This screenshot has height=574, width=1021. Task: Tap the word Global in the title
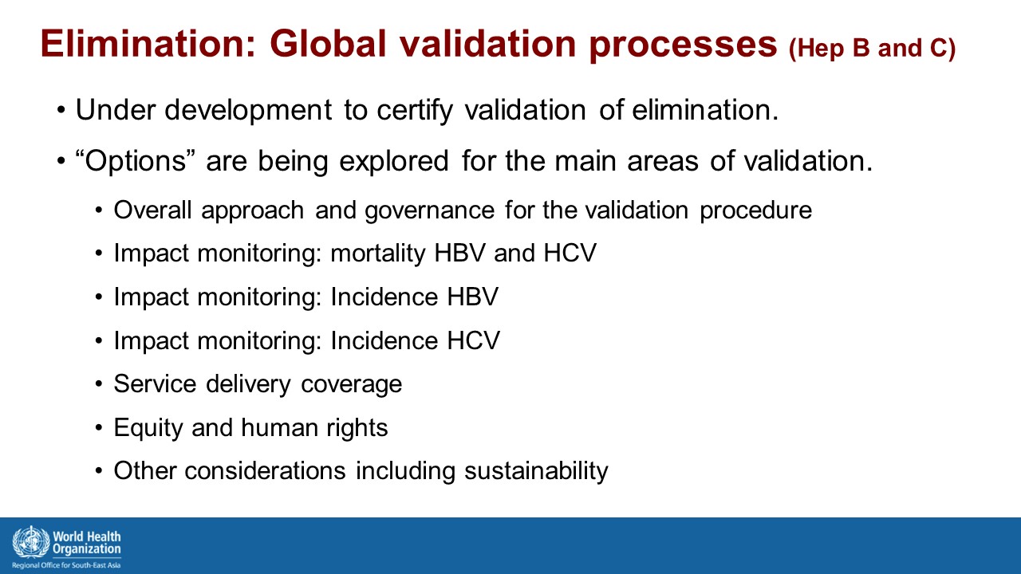coord(327,44)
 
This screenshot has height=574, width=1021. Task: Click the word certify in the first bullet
coord(415,111)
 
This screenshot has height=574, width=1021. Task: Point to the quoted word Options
coord(136,162)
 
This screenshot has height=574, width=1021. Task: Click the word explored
coord(394,162)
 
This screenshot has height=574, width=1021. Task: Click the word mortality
coord(378,254)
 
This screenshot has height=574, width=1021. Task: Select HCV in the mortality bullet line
coord(570,254)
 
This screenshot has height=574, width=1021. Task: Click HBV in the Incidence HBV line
coord(473,297)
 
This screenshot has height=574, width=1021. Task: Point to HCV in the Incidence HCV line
coord(473,340)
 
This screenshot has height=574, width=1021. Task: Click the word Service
coord(156,383)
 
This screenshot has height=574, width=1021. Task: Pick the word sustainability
coord(536,471)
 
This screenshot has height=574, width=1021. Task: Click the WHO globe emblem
coord(31,542)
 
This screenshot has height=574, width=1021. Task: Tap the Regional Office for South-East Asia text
coord(66,565)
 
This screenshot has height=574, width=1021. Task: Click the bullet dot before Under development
coord(61,111)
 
